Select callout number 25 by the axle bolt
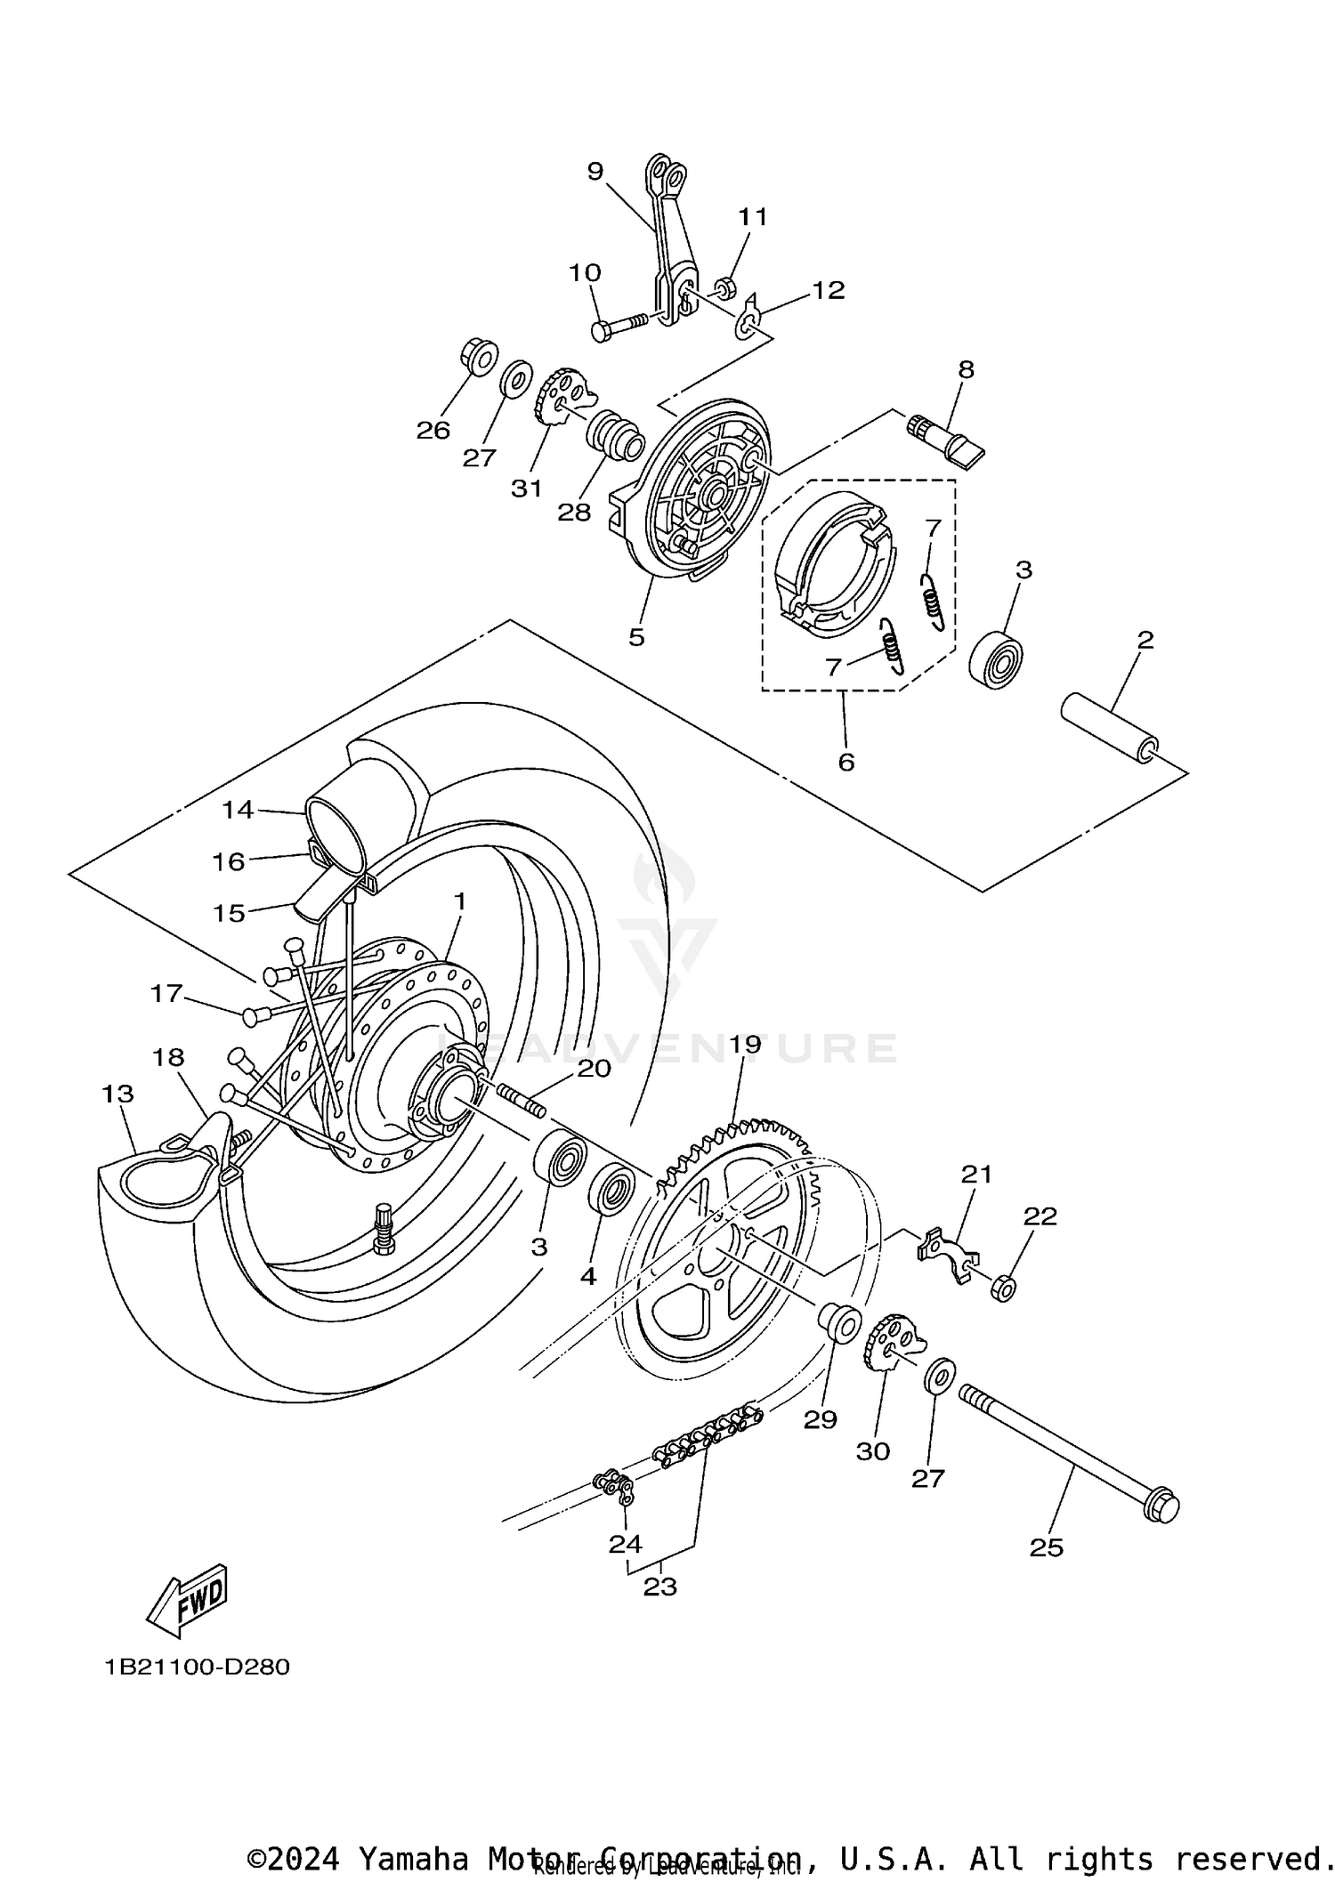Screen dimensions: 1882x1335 tap(1047, 1547)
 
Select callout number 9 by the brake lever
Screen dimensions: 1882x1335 tap(595, 171)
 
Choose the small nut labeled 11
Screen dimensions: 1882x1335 tap(725, 287)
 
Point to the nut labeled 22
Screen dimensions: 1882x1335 tap(1003, 1288)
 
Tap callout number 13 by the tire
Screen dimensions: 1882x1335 tap(117, 1094)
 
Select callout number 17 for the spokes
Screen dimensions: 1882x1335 tap(166, 993)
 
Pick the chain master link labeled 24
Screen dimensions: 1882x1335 tap(614, 1483)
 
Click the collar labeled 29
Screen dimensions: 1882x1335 tap(840, 1320)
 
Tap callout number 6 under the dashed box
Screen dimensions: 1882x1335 tap(845, 762)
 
